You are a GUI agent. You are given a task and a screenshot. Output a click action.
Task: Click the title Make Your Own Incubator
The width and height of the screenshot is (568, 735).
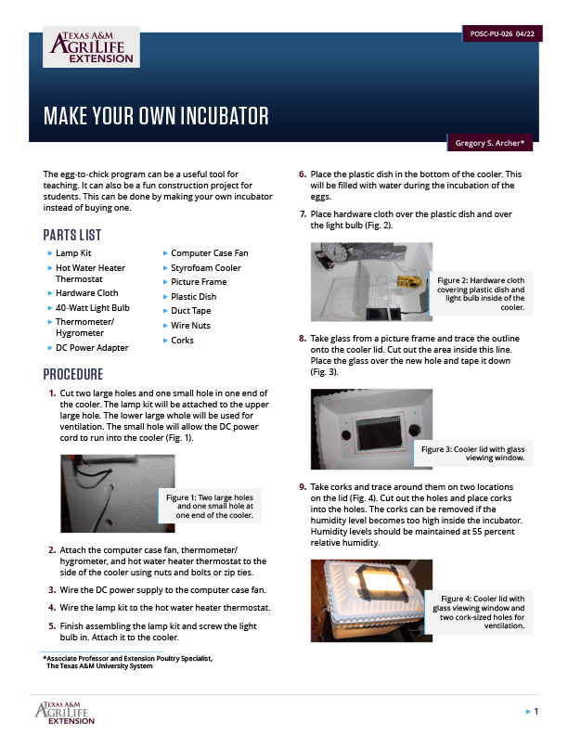coord(156,116)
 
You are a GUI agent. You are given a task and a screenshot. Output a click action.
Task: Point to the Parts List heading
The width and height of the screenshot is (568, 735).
coord(72,235)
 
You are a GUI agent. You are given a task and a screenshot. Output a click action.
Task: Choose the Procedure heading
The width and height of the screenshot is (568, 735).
coord(72,375)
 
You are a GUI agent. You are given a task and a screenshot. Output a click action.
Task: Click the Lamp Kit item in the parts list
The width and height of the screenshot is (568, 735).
coord(74,252)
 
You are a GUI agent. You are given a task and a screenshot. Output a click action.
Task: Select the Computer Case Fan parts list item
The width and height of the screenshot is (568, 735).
coord(209,252)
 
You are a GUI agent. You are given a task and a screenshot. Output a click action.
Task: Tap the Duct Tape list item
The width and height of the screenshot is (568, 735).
coord(190,311)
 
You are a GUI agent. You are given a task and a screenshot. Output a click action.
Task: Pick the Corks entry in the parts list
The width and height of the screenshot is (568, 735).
coord(183,341)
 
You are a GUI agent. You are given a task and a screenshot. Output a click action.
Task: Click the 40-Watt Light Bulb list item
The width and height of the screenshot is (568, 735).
coord(92,307)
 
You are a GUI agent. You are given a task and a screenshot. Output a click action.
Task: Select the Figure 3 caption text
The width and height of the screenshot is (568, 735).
coord(472,453)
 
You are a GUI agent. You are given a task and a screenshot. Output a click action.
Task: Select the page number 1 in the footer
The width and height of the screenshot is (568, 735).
coord(536,711)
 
